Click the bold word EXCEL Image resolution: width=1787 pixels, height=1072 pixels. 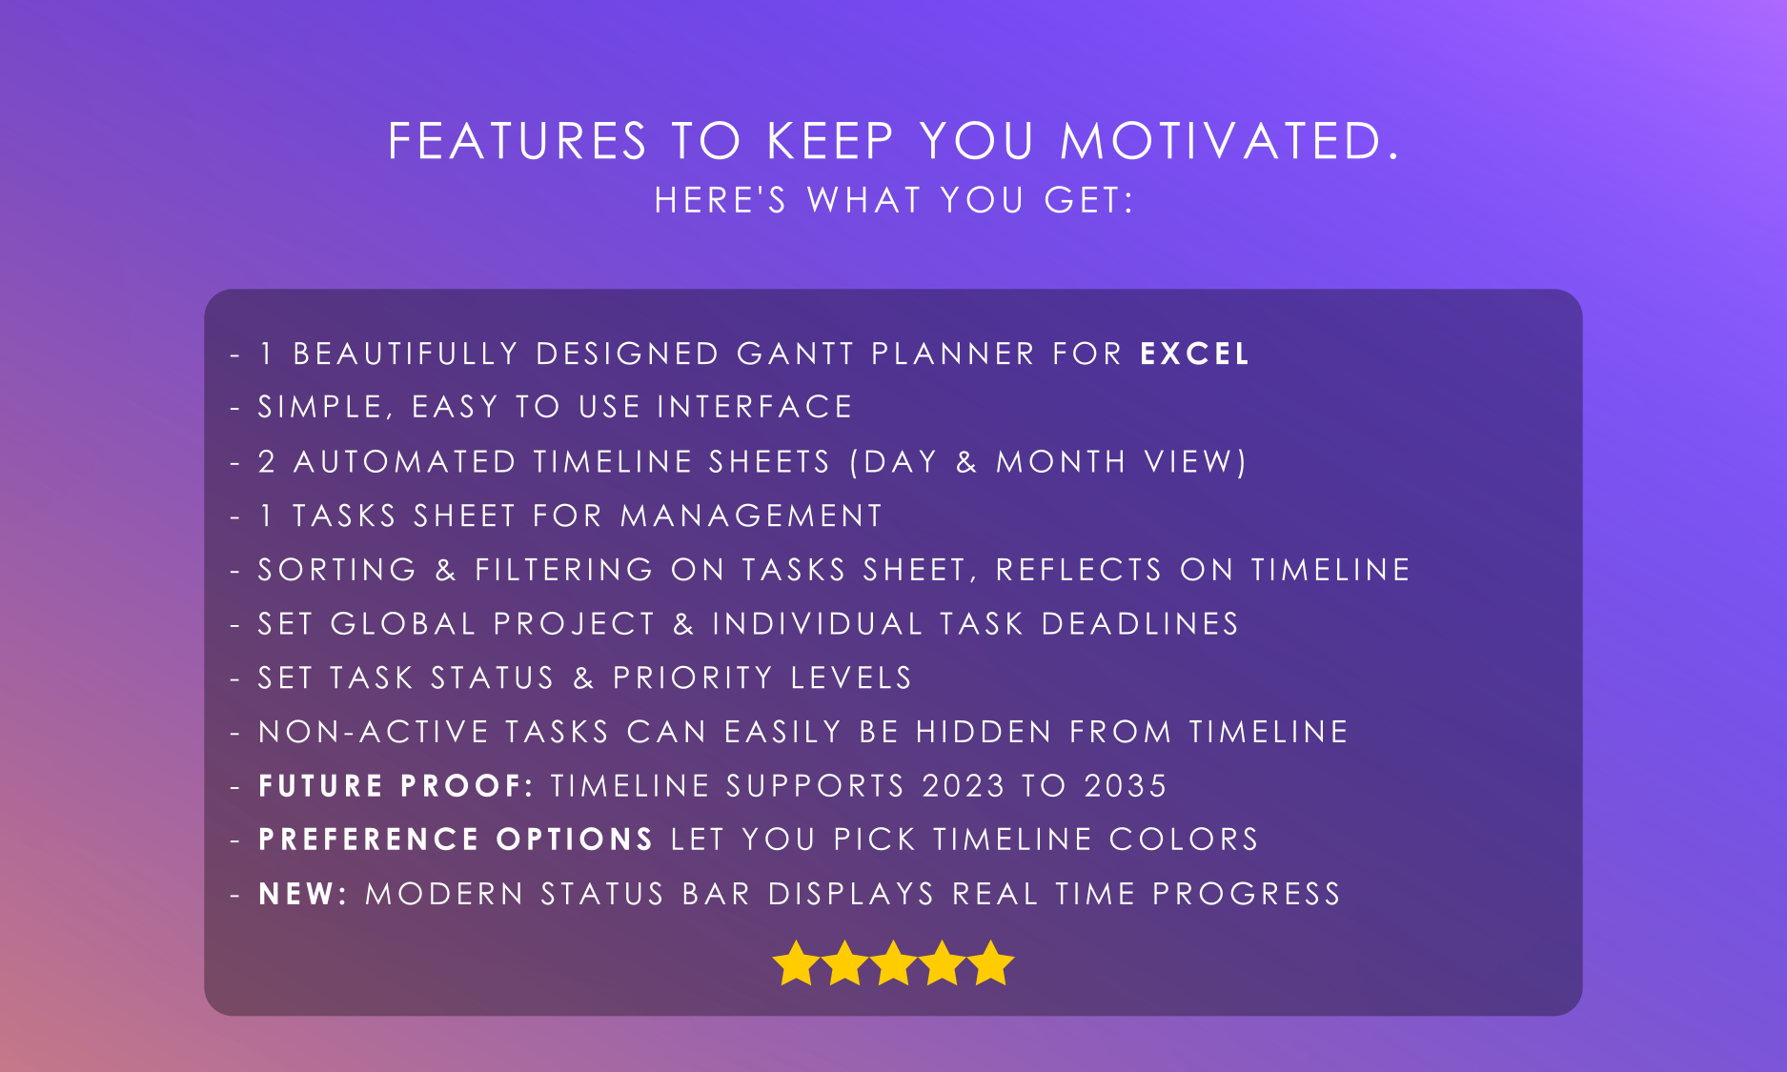1194,354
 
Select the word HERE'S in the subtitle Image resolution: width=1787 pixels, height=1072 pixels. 721,200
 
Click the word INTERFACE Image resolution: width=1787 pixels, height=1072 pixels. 755,407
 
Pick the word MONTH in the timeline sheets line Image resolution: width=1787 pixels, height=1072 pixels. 1061,461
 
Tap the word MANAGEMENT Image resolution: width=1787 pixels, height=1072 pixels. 751,516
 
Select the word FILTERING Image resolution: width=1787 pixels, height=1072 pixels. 564,570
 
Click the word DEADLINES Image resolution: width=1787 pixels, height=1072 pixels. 1140,623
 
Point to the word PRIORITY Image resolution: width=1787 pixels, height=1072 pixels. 692,678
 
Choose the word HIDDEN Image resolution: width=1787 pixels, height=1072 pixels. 984,732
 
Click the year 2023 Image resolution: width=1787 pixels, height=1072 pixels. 964,785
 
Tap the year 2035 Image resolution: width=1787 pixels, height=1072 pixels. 1126,785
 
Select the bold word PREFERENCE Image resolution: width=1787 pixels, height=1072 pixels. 369,839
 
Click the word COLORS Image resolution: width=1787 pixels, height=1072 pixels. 1184,839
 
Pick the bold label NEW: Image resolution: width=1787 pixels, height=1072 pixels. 303,894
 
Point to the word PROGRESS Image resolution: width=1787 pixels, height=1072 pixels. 1247,894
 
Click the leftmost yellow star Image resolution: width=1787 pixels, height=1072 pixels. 796,962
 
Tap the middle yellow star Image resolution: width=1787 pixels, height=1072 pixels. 893,962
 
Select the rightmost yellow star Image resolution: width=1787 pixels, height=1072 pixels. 991,962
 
